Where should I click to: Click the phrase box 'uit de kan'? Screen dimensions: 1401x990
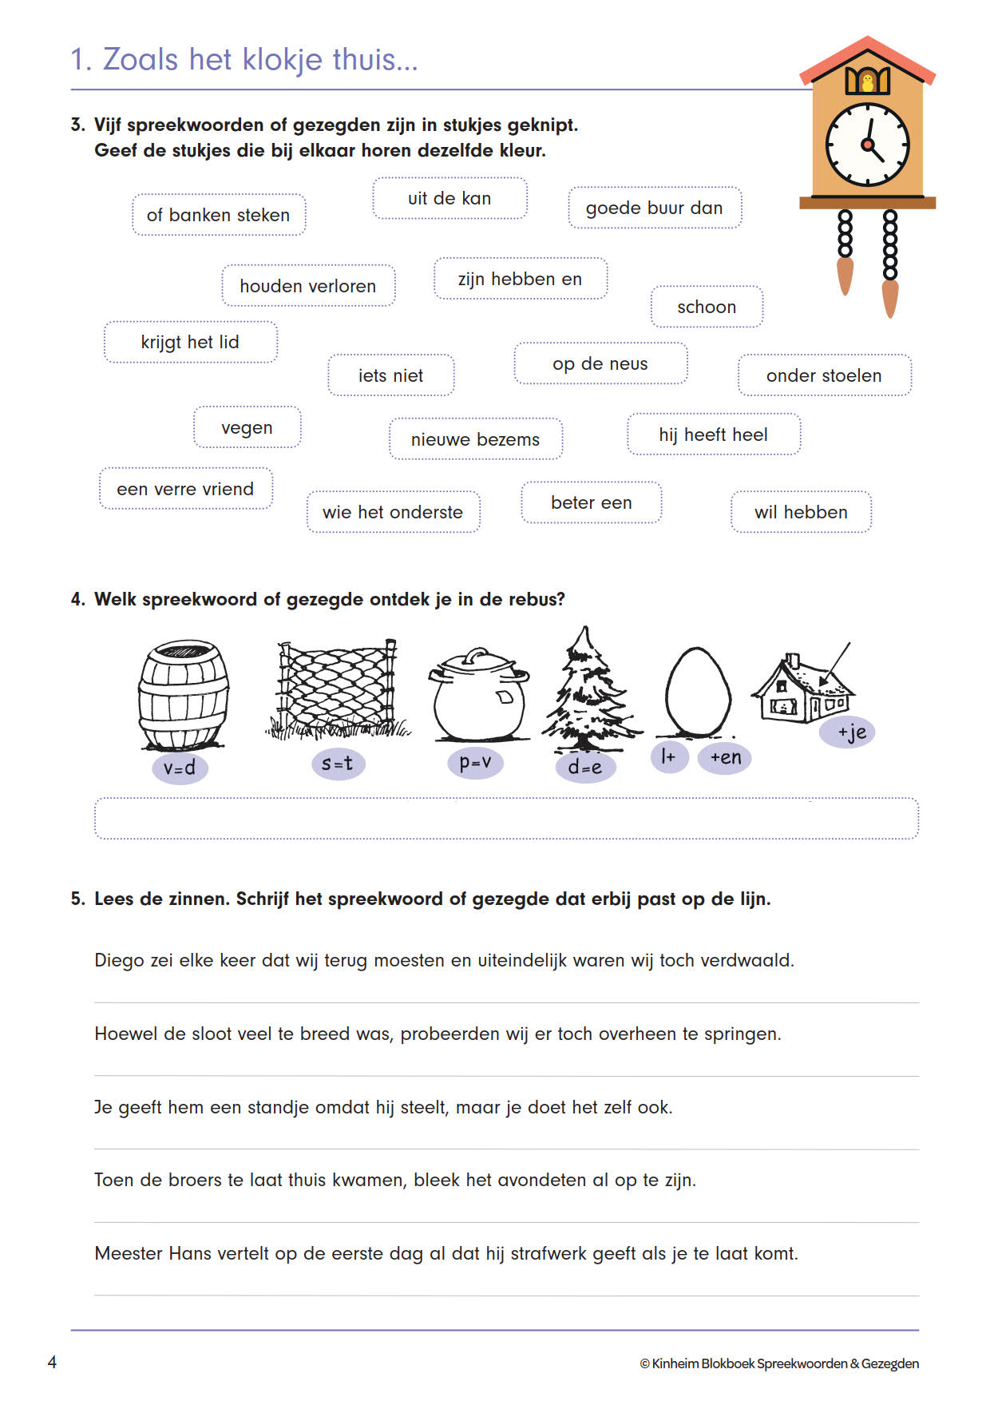(449, 199)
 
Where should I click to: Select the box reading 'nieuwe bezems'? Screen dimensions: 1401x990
(475, 439)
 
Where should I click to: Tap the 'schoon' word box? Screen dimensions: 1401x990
(707, 308)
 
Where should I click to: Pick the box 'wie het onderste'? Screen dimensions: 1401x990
(393, 512)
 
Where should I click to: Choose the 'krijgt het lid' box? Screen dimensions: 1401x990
(190, 343)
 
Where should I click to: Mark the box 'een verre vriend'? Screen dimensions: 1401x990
(185, 489)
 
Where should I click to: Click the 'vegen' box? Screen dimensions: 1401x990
(247, 428)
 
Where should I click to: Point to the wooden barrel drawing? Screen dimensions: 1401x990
(184, 693)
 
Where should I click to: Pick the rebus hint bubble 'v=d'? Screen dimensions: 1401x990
(180, 768)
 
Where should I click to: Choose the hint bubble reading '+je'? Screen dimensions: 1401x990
(851, 732)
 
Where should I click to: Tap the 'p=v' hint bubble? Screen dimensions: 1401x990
(475, 763)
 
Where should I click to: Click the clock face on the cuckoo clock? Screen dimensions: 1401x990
(867, 145)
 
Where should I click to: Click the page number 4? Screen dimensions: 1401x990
(52, 1363)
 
